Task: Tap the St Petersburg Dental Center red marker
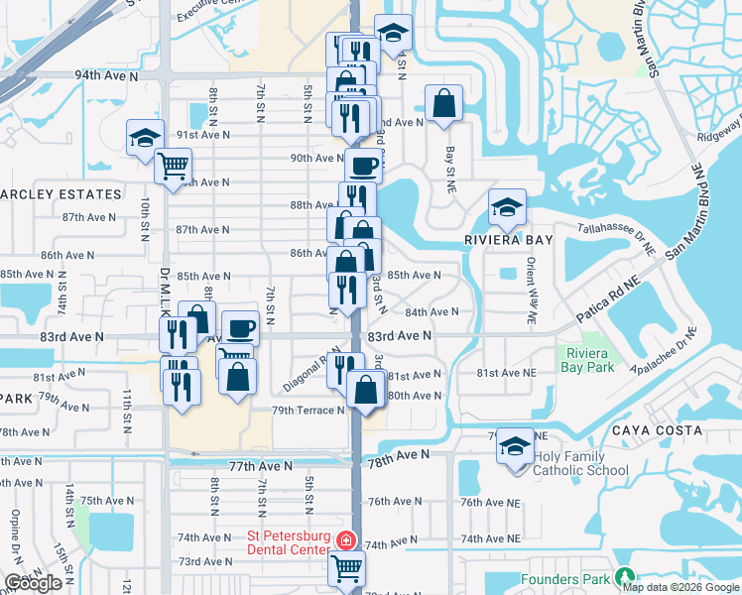tap(345, 541)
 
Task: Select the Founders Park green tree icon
tap(624, 576)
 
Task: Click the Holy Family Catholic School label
tap(580, 463)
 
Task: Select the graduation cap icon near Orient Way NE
tap(507, 207)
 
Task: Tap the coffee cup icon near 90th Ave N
tap(363, 166)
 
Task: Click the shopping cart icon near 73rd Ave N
tap(346, 569)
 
